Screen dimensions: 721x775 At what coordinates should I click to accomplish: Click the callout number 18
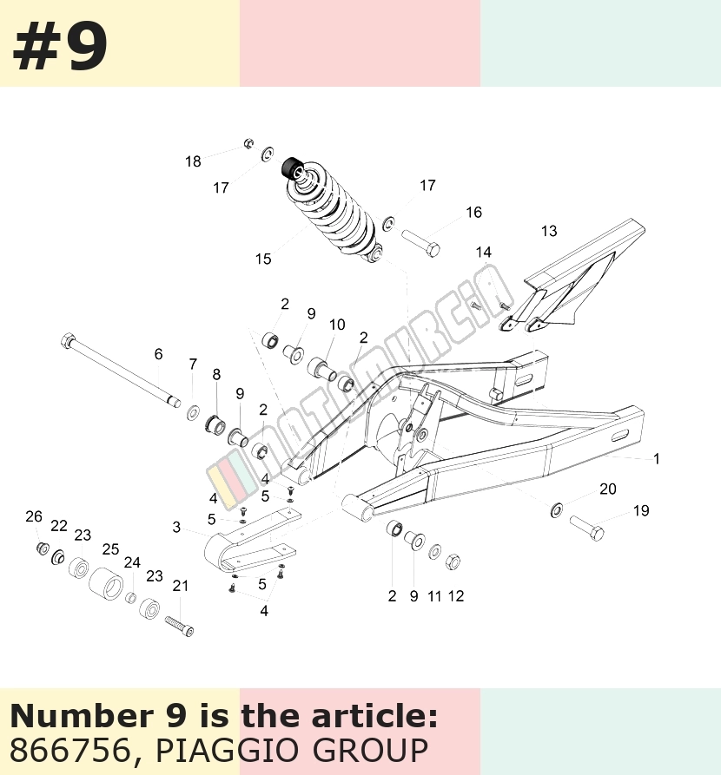coord(193,161)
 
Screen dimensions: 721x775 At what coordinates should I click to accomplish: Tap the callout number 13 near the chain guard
coord(549,231)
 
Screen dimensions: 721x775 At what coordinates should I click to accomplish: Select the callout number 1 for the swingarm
coord(657,459)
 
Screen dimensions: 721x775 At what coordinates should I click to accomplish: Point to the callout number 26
coord(34,516)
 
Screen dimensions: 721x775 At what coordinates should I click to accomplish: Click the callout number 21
coord(181,586)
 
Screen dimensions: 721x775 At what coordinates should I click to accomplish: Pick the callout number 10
coord(337,325)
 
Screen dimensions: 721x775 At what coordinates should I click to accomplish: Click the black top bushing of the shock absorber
coord(292,167)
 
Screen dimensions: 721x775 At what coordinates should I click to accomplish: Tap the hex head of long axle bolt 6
coord(67,340)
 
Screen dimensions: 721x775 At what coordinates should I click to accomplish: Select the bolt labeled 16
coord(420,243)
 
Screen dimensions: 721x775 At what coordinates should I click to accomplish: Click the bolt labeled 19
coord(587,528)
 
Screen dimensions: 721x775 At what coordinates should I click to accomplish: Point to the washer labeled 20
coord(556,510)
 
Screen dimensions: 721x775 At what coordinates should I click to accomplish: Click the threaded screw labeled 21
coord(179,626)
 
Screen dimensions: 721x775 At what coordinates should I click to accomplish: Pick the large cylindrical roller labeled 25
coord(106,583)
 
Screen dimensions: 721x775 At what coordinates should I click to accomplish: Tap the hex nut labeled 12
coord(453,562)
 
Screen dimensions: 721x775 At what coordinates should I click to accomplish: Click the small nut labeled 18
coord(249,144)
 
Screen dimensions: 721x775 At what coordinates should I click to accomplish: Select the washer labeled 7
coord(194,411)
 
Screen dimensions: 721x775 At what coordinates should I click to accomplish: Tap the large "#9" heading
coord(60,47)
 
